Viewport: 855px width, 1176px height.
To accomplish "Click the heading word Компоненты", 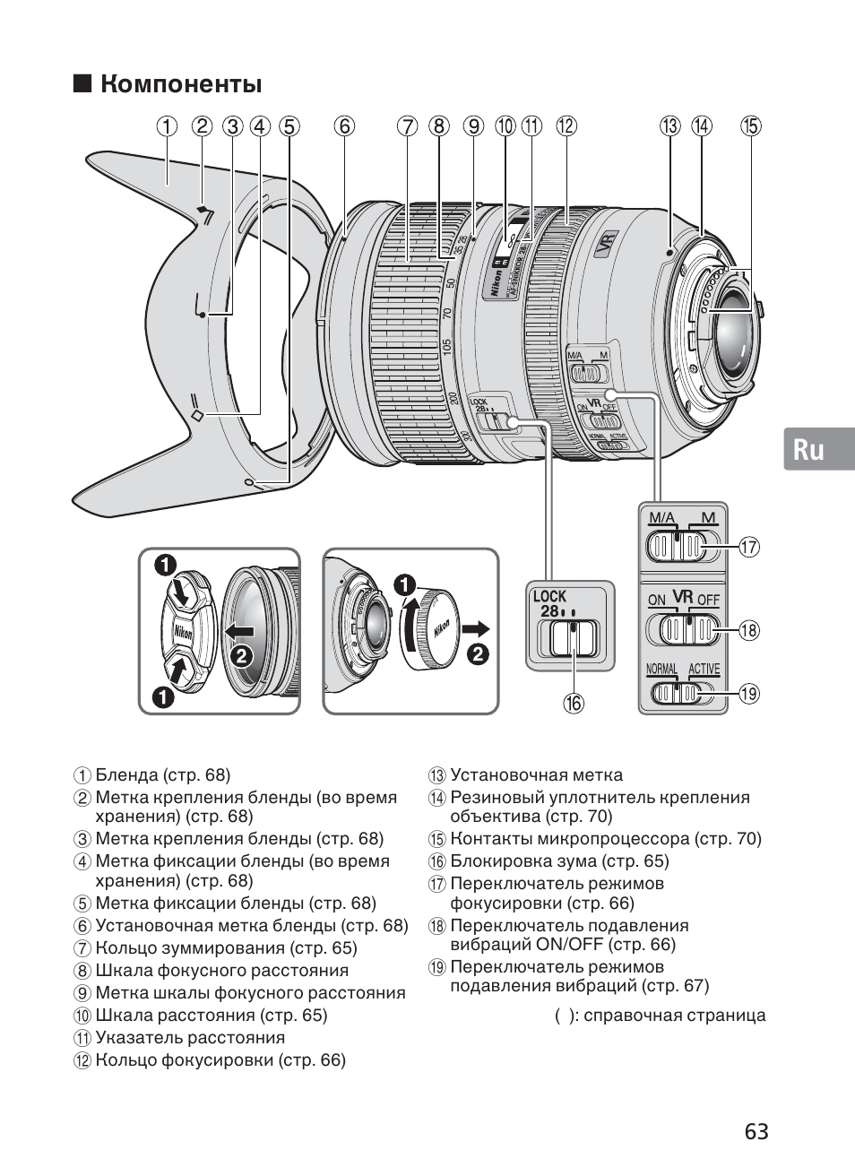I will (x=181, y=85).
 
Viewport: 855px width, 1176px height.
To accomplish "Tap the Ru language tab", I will (x=808, y=449).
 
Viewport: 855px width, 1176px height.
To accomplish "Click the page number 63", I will (x=756, y=1131).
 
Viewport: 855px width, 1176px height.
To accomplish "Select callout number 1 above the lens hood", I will (x=167, y=126).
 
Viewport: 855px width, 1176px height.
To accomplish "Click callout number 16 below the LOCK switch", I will (x=573, y=703).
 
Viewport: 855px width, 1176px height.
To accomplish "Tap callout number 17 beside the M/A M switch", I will (x=748, y=546).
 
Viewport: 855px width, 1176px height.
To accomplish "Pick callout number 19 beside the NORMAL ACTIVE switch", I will (x=748, y=693).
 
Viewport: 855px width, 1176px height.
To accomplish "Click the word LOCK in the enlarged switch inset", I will (x=549, y=596).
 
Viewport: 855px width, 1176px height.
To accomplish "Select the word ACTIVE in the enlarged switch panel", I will (x=704, y=670).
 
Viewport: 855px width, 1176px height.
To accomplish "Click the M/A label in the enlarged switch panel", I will (x=661, y=517).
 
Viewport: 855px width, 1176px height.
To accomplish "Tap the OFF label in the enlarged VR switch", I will (x=708, y=599).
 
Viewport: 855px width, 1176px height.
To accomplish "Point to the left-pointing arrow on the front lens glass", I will (x=240, y=631).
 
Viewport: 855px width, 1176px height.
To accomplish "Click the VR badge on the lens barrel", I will (x=606, y=246).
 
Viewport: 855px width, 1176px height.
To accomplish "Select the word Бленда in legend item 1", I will (x=127, y=775).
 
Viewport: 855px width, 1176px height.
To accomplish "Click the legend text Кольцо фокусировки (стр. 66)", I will (x=220, y=1060).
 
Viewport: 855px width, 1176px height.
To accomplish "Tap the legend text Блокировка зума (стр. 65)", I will (x=559, y=861).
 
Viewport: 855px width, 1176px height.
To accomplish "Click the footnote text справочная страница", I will (x=674, y=1016).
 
